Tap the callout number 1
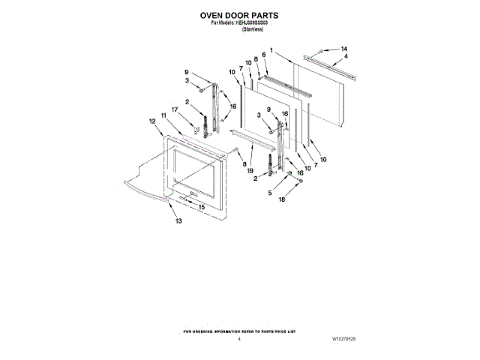[271, 51]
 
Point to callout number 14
[344, 49]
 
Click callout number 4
[345, 56]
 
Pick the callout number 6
[264, 54]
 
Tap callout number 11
[163, 115]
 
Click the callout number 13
[178, 221]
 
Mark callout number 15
[201, 207]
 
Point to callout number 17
[174, 109]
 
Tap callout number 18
[282, 201]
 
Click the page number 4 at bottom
[238, 340]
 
